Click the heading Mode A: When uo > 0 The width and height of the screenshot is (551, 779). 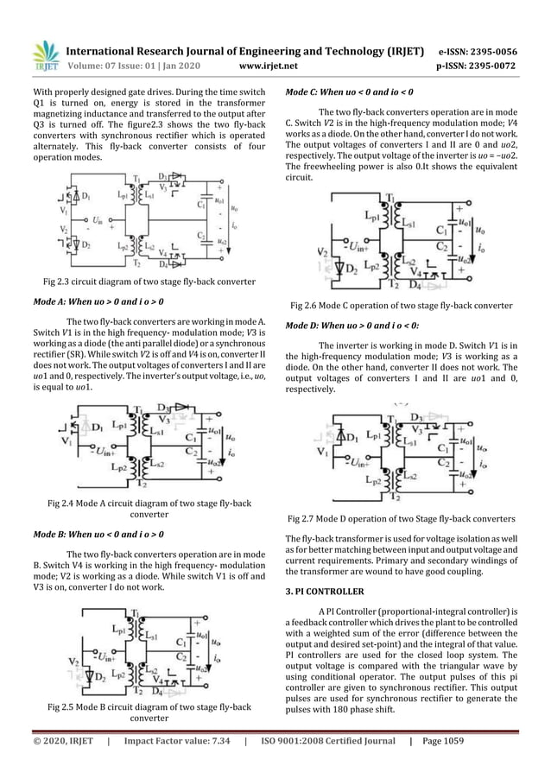point(98,303)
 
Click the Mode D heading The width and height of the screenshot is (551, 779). point(351,326)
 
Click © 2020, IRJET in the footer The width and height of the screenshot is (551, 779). point(62,763)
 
